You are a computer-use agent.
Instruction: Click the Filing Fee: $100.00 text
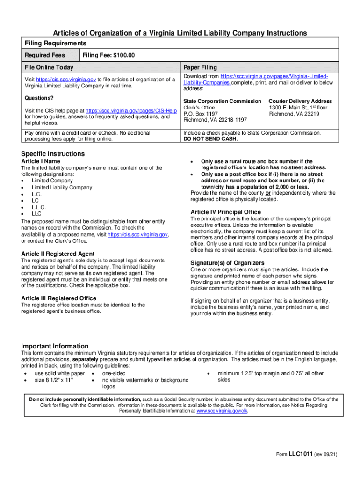pos(108,56)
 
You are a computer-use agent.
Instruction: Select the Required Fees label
pos(45,56)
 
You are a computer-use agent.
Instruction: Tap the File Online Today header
pos(49,68)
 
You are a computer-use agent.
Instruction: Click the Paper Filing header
pos(200,68)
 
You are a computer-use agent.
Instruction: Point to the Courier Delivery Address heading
pos(300,101)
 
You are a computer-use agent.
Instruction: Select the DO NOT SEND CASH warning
pos(210,139)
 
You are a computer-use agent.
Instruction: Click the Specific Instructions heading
pos(53,154)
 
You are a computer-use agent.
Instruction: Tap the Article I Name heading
pos(41,161)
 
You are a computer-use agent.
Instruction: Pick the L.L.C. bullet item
pos(39,207)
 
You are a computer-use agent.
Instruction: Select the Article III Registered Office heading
pos(59,298)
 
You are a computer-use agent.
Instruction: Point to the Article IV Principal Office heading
pos(226,212)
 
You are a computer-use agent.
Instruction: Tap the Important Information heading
pos(55,346)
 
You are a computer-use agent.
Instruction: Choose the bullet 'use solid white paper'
pos(60,374)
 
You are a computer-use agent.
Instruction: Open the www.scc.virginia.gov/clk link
pos(222,411)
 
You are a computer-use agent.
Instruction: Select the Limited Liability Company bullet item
pos(62,187)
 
